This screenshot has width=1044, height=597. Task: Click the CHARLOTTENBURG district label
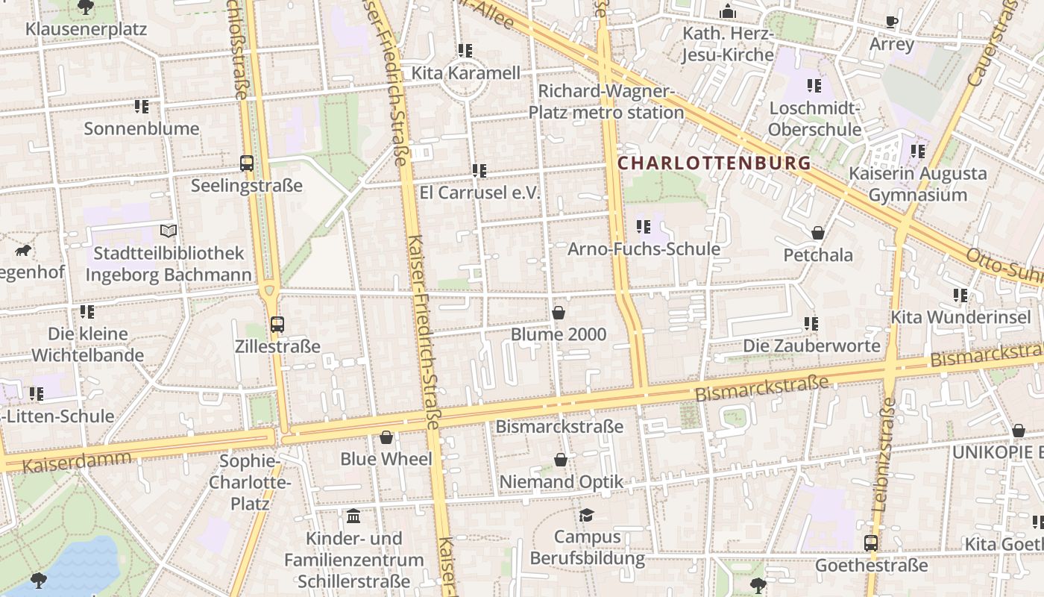point(714,163)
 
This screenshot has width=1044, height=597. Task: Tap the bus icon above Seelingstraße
point(247,163)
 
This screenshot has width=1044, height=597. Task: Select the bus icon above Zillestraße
point(277,325)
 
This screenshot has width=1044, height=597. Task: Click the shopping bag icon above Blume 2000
point(559,313)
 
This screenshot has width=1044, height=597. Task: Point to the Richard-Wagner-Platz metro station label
point(606,102)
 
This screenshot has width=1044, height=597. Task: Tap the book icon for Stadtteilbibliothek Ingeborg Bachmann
point(169,231)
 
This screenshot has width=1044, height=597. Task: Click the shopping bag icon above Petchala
point(818,233)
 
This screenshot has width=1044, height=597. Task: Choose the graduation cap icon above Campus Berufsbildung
point(587,515)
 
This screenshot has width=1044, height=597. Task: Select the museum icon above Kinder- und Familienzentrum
point(353,516)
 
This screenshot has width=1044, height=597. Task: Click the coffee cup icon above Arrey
point(892,22)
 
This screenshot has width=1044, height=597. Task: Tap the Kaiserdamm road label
point(77,460)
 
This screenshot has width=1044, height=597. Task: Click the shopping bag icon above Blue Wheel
point(386,437)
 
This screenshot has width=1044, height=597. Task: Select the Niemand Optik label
point(561,482)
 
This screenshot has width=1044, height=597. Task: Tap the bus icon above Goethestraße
point(871,543)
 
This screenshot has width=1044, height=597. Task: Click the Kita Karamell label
point(466,73)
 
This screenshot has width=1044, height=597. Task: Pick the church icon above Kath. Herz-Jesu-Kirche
point(728,12)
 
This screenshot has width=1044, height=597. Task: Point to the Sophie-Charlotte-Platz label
point(250,482)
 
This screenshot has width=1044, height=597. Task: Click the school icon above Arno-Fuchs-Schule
point(644,227)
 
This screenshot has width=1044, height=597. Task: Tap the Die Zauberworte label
point(811,346)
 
